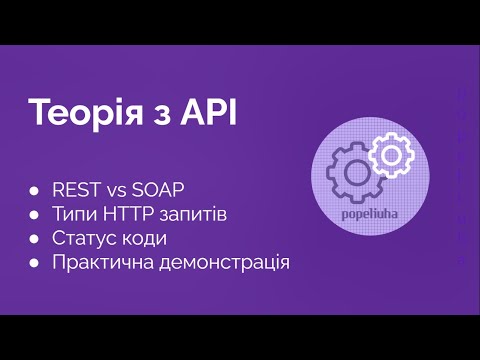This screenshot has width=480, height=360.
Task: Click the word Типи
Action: point(75,214)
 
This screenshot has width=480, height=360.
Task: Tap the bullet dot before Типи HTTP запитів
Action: point(35,215)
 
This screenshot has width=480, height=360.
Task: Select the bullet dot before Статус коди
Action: point(35,239)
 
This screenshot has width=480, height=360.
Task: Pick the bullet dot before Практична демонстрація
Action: point(35,263)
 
